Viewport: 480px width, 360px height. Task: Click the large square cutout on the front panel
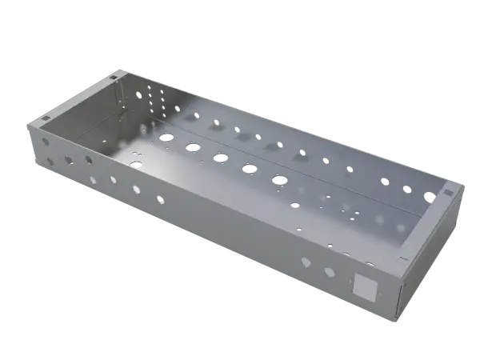coord(365,286)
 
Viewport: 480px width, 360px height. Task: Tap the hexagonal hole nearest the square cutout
coord(330,273)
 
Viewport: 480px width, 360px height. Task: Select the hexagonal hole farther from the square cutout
coord(306,262)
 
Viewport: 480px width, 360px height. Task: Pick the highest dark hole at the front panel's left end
coord(46,142)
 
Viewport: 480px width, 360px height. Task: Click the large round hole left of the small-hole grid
coord(138,94)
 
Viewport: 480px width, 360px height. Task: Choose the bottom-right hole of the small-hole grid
coord(177,113)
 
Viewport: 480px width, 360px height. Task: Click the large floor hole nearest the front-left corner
coord(136,164)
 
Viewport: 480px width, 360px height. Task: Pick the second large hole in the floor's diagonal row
coord(193,146)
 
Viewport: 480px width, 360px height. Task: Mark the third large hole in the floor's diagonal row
coord(220,157)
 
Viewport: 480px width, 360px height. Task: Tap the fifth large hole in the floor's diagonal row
coord(278,178)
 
